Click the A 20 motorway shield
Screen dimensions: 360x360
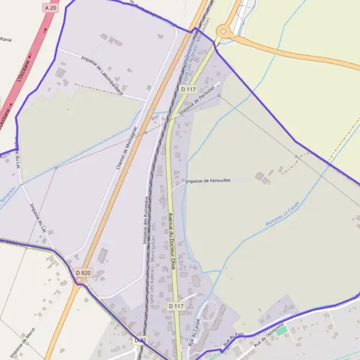pyautogui.click(x=50, y=7)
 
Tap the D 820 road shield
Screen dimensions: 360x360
pyautogui.click(x=84, y=273)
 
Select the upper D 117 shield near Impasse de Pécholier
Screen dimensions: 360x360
pyautogui.click(x=188, y=89)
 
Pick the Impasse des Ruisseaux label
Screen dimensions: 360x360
pyautogui.click(x=145, y=221)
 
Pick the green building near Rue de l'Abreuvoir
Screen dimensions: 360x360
pyautogui.click(x=281, y=331)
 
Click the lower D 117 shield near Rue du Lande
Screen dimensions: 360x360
pyautogui.click(x=175, y=306)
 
